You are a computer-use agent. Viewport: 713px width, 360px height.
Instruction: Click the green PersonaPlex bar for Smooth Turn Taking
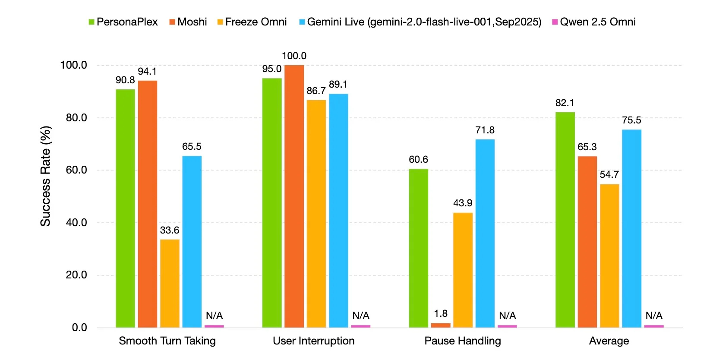[125, 208]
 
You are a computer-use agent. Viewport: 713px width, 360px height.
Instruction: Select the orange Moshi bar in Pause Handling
[440, 325]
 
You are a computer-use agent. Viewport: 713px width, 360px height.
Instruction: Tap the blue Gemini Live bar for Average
[631, 228]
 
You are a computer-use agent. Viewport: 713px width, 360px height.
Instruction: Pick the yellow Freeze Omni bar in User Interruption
[316, 214]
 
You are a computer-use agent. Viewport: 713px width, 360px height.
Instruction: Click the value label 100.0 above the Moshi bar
[294, 56]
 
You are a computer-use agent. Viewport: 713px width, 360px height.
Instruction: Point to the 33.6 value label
[170, 230]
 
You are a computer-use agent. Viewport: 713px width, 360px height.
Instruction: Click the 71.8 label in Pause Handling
[485, 130]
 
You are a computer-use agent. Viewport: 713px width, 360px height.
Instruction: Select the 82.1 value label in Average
[565, 103]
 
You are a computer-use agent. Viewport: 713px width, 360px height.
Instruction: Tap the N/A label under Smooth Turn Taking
[214, 316]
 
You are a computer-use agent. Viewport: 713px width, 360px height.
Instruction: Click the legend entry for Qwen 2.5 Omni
[594, 22]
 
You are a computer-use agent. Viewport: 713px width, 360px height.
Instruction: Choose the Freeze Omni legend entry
[252, 22]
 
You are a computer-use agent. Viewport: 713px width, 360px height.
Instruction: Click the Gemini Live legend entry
[420, 22]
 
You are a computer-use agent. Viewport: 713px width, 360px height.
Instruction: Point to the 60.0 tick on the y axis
[76, 170]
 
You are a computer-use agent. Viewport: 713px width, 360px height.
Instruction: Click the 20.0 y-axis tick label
[76, 275]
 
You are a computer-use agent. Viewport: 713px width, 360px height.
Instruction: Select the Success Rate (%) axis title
[46, 176]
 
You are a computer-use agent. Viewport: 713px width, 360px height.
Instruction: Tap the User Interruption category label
[314, 341]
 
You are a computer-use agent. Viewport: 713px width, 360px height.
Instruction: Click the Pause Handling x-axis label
[463, 341]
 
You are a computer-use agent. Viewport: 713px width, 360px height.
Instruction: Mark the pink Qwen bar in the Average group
[653, 326]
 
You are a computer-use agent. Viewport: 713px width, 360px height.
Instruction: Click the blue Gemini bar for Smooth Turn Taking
[192, 241]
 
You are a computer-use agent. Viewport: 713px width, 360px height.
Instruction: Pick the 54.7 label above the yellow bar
[609, 174]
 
